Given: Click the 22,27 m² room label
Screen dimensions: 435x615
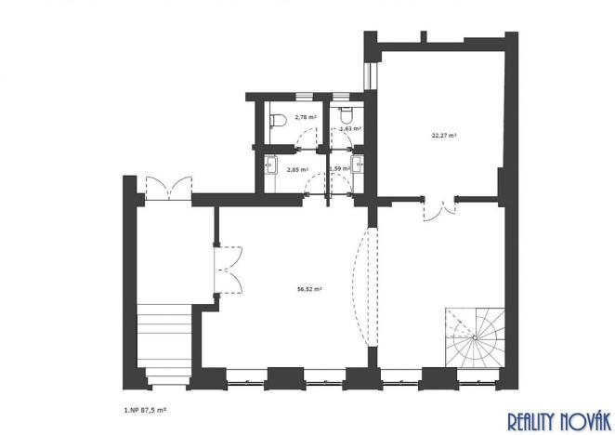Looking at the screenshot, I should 444,135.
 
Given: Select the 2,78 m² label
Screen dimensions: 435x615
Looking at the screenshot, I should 306,118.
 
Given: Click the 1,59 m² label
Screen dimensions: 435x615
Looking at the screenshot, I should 340,168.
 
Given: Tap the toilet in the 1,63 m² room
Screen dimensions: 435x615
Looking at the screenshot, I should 347,116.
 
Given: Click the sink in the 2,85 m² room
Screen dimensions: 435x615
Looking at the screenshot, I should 269,167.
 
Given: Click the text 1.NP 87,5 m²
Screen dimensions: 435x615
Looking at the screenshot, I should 152,407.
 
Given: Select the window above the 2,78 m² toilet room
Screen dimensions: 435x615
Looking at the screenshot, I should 302,97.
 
